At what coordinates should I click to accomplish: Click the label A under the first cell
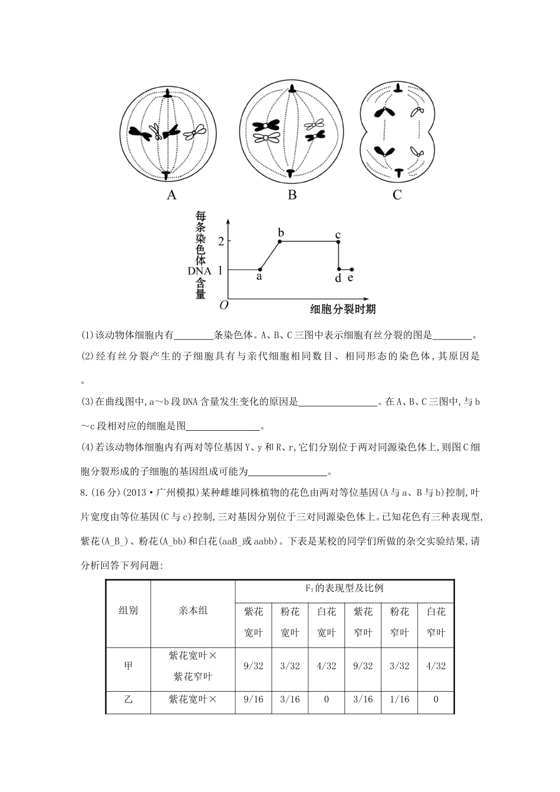tap(172, 194)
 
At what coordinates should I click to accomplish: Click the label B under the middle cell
tap(292, 194)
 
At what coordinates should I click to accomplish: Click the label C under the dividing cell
tap(397, 194)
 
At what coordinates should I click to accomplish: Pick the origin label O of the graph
tap(223, 305)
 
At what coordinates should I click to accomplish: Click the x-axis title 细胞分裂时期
tap(343, 308)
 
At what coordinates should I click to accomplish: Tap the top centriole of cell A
tap(169, 94)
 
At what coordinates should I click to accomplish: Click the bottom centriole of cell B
tap(291, 172)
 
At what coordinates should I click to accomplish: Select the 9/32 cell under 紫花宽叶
tap(253, 665)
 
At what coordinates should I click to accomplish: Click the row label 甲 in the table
tap(128, 665)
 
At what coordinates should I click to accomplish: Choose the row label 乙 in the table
tap(128, 699)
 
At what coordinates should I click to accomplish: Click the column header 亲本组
tap(193, 610)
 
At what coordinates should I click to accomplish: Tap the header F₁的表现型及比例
tap(344, 588)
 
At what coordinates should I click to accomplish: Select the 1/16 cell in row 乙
tap(399, 699)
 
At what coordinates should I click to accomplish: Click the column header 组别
tap(128, 610)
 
